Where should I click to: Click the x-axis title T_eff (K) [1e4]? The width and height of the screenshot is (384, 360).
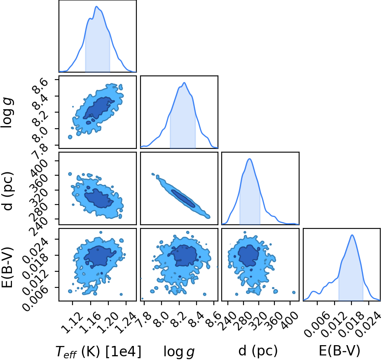(98, 351)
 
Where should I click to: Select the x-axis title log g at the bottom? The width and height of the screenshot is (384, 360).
(179, 352)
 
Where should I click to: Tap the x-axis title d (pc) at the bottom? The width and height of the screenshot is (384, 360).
(258, 351)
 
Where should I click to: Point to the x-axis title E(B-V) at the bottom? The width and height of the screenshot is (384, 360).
(340, 351)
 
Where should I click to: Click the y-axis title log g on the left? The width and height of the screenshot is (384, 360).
(7, 113)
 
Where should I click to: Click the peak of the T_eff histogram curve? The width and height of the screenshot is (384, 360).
(96, 6)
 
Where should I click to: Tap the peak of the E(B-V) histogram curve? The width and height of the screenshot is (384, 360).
(352, 235)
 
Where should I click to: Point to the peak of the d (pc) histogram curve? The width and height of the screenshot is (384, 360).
(250, 159)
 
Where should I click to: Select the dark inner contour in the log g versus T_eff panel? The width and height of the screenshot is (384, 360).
(98, 109)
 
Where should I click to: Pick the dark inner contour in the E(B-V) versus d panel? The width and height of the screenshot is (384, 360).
(248, 255)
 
